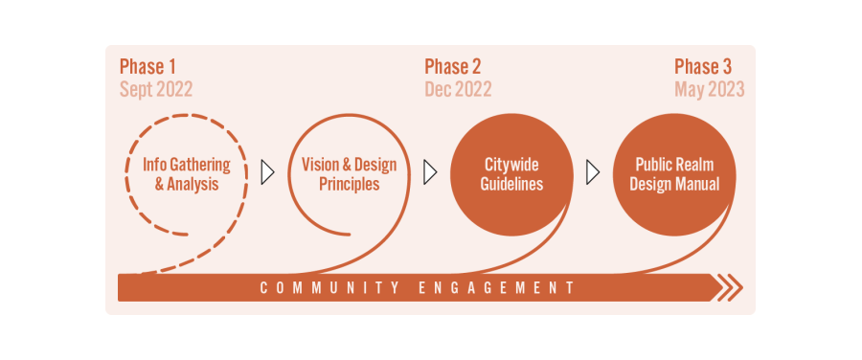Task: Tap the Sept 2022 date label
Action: (156, 90)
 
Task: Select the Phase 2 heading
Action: (453, 67)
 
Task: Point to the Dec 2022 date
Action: (458, 90)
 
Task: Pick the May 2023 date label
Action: (710, 90)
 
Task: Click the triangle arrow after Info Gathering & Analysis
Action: (267, 172)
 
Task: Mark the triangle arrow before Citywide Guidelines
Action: (430, 172)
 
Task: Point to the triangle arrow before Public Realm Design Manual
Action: (593, 172)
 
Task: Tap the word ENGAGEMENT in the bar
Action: (497, 287)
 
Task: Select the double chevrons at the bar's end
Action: (730, 287)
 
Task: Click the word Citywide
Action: (511, 165)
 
